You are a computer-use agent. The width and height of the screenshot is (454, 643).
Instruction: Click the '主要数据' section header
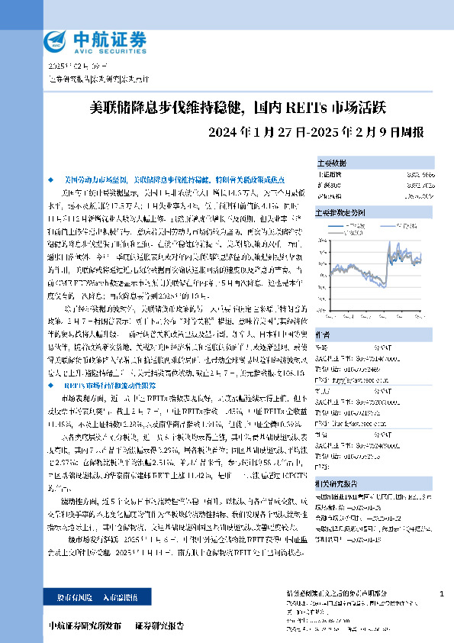(x=332, y=163)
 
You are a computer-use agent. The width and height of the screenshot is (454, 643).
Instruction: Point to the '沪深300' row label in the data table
(x=329, y=185)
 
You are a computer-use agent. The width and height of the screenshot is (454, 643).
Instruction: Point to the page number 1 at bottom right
(x=442, y=593)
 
